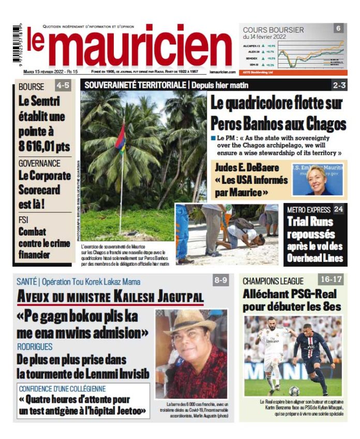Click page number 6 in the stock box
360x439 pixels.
(338, 28)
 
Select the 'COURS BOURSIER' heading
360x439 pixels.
(273, 30)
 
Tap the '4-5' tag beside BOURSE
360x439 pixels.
(63, 86)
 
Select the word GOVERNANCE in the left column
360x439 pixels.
(39, 163)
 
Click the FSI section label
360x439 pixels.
(24, 220)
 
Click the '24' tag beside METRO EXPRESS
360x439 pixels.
(338, 209)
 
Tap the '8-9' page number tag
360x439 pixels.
(220, 280)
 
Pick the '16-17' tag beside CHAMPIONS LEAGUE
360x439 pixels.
(331, 280)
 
